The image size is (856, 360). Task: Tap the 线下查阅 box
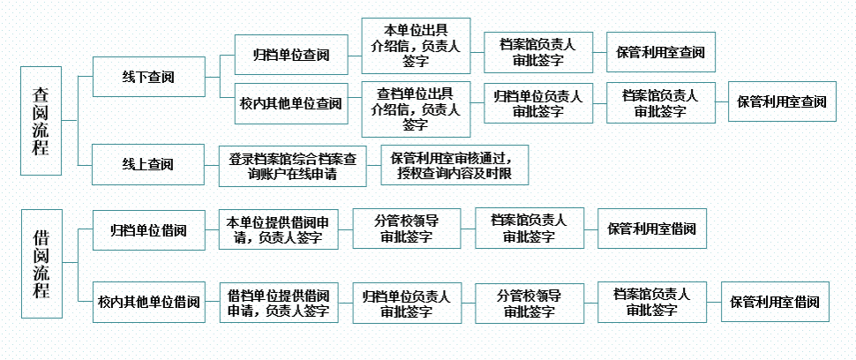point(147,77)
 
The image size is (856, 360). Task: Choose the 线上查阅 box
point(147,164)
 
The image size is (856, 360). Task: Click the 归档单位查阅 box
point(290,56)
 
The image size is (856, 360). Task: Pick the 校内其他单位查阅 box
point(290,103)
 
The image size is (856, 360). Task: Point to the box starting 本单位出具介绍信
point(415,46)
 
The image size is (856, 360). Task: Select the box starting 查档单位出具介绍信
point(415,103)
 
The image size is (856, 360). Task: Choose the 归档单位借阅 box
point(148,230)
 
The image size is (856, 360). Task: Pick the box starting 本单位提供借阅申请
point(278,229)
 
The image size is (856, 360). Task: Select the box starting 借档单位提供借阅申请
point(278,302)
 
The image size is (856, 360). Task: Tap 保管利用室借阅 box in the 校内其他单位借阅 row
point(775,302)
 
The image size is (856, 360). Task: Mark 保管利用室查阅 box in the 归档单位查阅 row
point(660,54)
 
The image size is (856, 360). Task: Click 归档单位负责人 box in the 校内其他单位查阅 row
point(537,103)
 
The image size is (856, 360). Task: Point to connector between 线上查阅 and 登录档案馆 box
point(211,165)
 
